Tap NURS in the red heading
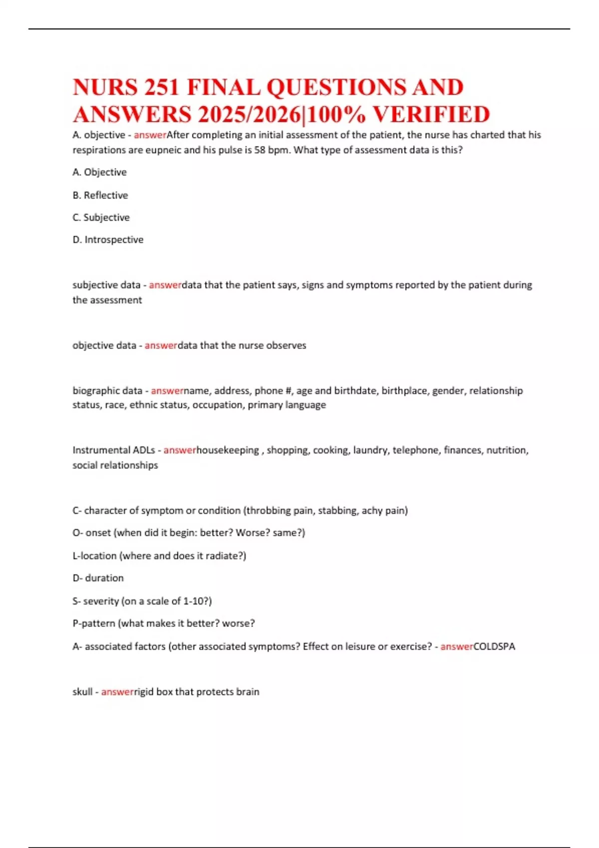coord(105,87)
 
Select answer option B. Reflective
coord(100,195)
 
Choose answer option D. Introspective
coord(108,239)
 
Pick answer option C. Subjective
coord(101,217)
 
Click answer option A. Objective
coord(99,172)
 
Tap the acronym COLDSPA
coord(494,646)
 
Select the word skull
coord(82,692)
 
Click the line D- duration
coord(98,578)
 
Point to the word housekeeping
coord(228,450)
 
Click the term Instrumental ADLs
coord(114,450)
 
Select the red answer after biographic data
coord(167,391)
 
